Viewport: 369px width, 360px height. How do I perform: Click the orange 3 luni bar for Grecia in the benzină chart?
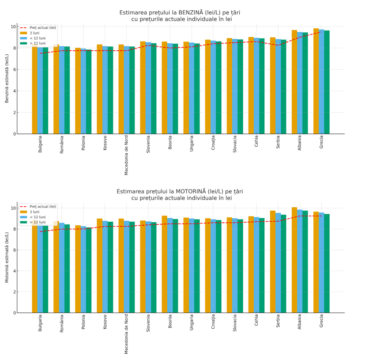click(x=316, y=81)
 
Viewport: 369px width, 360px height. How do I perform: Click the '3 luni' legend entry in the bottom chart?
click(x=35, y=212)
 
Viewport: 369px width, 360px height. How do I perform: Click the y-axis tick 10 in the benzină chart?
click(x=13, y=27)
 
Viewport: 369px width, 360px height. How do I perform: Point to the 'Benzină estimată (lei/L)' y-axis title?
click(x=7, y=78)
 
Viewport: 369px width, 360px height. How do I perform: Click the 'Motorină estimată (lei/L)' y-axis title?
click(x=7, y=257)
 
